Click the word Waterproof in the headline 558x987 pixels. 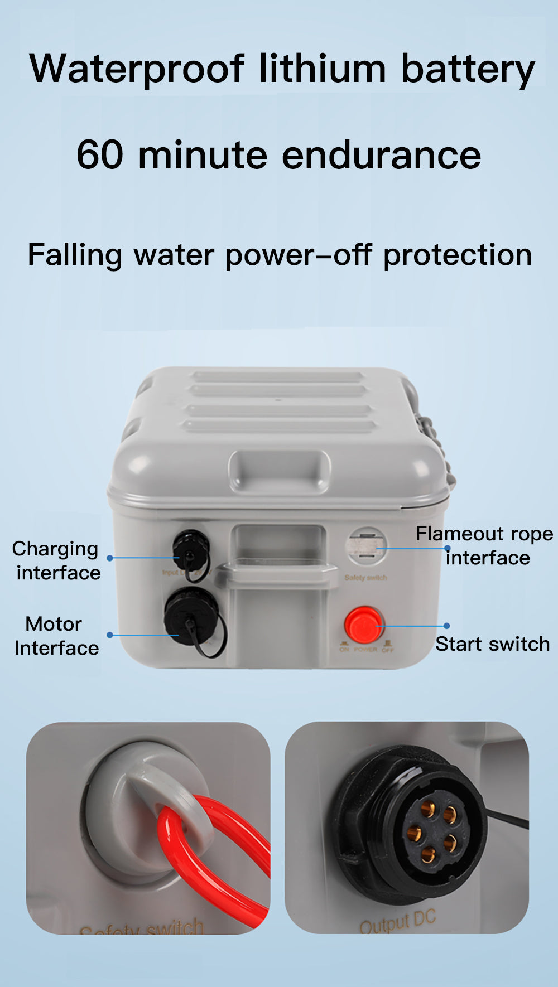(x=137, y=70)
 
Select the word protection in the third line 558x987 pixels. (x=457, y=255)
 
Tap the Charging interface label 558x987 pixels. (x=56, y=560)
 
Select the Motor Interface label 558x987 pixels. (x=56, y=636)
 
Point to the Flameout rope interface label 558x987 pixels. (x=484, y=545)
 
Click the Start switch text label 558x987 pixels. (x=492, y=644)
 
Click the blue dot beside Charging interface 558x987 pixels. (x=110, y=558)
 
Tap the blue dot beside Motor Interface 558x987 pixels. (x=110, y=635)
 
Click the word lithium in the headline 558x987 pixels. (x=323, y=70)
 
